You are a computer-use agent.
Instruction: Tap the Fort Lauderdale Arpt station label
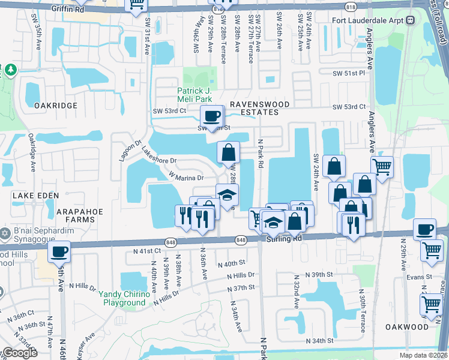[x=370, y=20]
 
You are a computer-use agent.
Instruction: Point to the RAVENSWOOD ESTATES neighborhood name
[x=258, y=109]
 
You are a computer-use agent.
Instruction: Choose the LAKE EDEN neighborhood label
[x=36, y=196]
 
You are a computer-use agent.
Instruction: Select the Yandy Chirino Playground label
[x=122, y=299]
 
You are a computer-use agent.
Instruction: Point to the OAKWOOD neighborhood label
[x=408, y=327]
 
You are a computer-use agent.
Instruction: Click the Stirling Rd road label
[x=285, y=239]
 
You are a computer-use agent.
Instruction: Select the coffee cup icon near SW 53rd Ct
[x=211, y=116]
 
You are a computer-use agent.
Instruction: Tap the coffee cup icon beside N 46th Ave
[x=59, y=251]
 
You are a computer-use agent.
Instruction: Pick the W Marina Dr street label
[x=187, y=177]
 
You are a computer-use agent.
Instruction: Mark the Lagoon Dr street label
[x=129, y=151]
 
